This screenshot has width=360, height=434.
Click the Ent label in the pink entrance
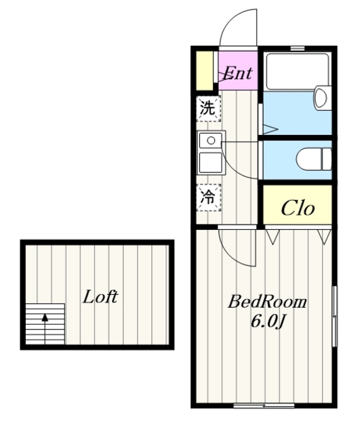[237, 73]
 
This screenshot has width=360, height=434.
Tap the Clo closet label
[298, 208]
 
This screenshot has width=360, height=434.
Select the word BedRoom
[267, 302]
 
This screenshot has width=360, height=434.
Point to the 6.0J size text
[268, 321]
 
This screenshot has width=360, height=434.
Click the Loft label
[100, 297]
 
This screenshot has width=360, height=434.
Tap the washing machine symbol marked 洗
[209, 108]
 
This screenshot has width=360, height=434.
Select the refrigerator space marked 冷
[209, 197]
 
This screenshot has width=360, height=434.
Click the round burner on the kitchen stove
[211, 140]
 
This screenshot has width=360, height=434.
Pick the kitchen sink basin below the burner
[211, 163]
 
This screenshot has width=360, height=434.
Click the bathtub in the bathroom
[298, 71]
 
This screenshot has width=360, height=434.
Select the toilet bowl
[309, 159]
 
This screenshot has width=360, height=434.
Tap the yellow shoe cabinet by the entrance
[205, 71]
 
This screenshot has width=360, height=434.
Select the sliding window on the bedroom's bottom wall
[264, 406]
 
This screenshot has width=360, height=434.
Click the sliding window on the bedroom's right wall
[334, 316]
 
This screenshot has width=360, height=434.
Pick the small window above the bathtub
[298, 48]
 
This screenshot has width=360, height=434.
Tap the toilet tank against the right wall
[327, 159]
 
